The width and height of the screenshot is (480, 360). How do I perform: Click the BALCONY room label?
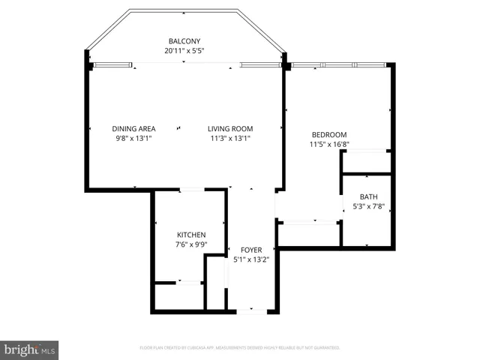184,41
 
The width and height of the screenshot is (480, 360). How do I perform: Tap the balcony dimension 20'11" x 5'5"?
184,51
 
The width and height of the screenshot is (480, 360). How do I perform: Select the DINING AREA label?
134,128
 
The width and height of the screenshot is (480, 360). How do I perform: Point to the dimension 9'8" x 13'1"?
134,138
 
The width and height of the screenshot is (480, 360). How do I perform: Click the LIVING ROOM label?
230,128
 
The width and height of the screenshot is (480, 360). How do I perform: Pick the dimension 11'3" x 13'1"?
230,138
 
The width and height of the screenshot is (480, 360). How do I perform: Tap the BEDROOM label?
329,134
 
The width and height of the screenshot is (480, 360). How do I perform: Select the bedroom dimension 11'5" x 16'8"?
329,144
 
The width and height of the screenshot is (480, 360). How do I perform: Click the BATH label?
367,196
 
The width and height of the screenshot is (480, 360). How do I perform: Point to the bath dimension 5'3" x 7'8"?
367,206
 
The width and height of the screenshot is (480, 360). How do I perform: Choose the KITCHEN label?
190,235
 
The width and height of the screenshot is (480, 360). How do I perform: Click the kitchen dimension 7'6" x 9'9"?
190,244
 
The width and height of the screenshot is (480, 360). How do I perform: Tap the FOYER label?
250,250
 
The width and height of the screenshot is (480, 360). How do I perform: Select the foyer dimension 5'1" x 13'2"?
250,259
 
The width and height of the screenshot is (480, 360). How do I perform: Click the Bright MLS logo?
30,349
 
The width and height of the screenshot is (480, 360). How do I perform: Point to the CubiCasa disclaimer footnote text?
240,348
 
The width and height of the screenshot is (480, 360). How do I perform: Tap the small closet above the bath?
366,161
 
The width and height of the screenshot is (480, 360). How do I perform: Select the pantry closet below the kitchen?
178,295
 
